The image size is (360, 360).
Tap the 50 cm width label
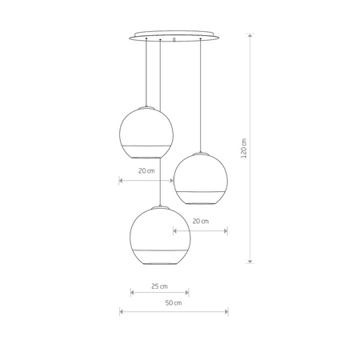[x=173, y=303]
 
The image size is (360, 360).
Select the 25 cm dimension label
[x=159, y=286]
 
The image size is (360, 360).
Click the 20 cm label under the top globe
[x=146, y=170]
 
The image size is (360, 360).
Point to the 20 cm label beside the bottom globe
[x=200, y=221]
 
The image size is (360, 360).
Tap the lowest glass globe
[x=159, y=235]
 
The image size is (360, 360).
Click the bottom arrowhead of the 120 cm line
[x=251, y=261]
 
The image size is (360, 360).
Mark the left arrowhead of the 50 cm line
[x=120, y=311]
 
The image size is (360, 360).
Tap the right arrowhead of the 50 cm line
[x=226, y=311]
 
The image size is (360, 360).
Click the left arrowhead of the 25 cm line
[x=133, y=293]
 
